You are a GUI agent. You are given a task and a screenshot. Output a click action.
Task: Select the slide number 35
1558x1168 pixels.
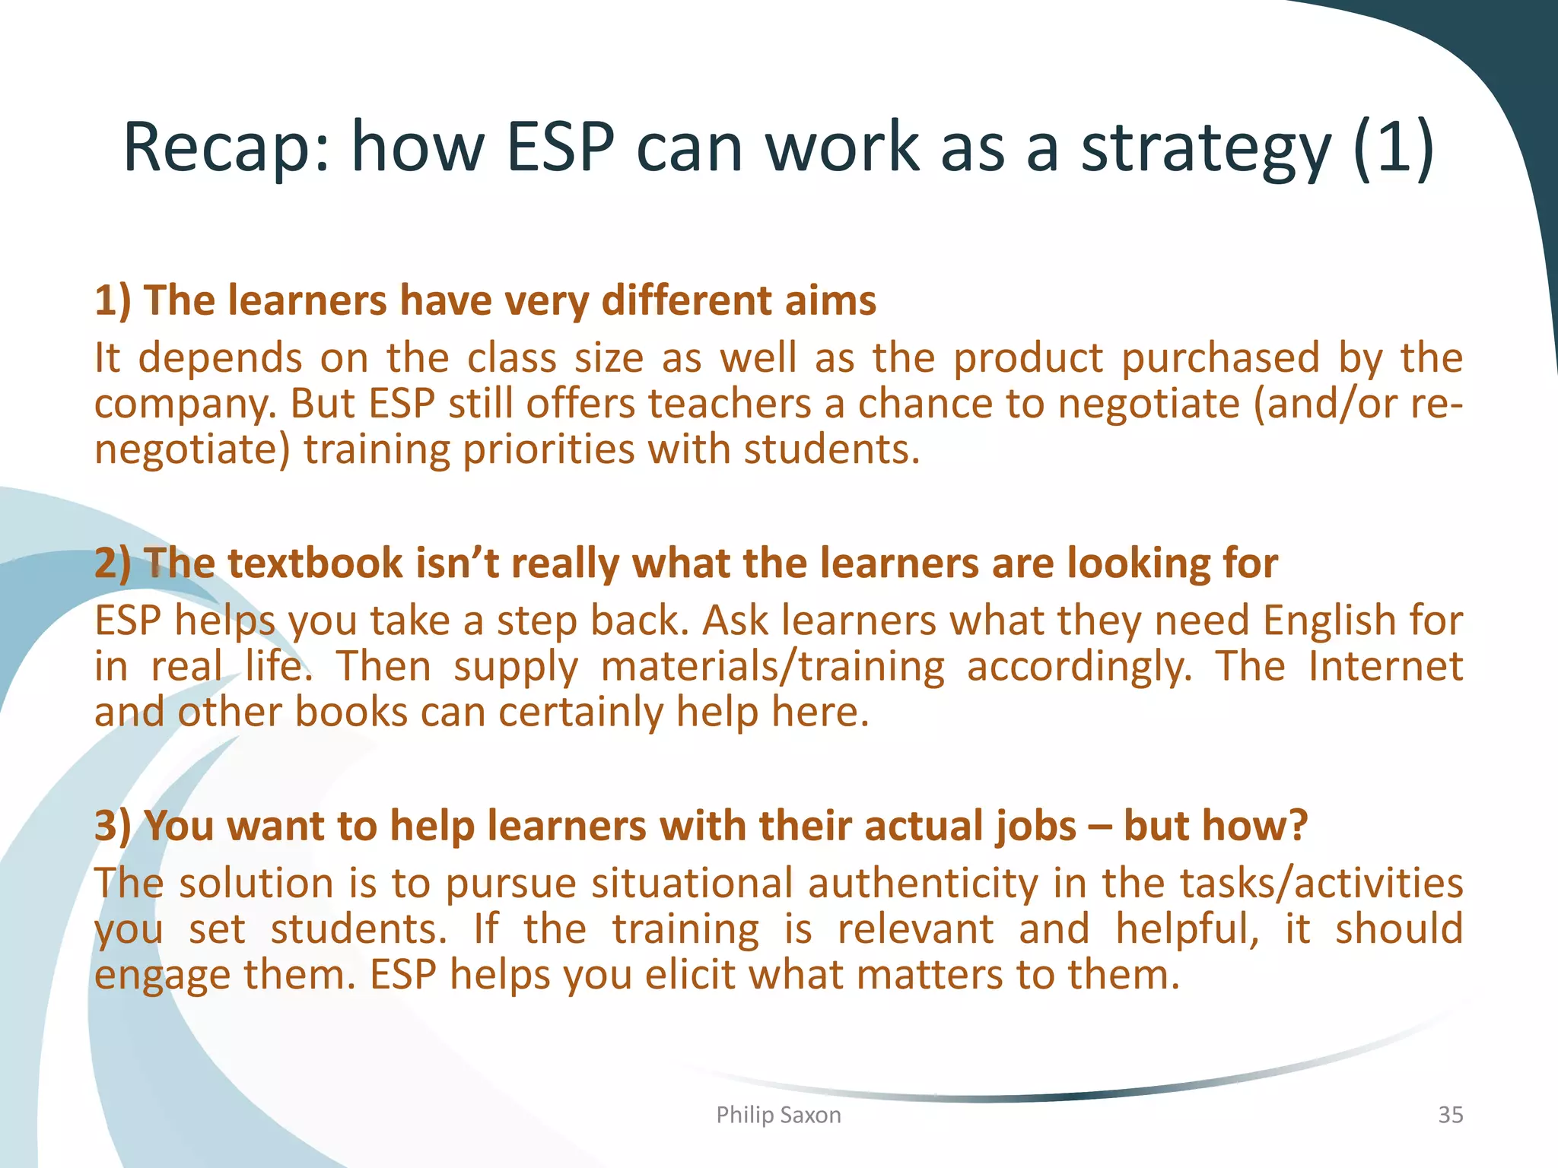(x=1450, y=1115)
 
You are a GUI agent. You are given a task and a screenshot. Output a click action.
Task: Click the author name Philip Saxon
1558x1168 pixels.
(x=778, y=1115)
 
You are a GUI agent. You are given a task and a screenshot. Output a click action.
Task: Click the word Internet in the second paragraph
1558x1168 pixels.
(x=1385, y=666)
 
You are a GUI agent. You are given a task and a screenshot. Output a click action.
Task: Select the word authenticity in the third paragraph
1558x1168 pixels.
(x=923, y=883)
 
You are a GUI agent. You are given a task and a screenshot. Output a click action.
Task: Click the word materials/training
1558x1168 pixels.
(x=772, y=666)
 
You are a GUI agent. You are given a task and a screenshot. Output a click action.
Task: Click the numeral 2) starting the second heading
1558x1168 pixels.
(x=112, y=563)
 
